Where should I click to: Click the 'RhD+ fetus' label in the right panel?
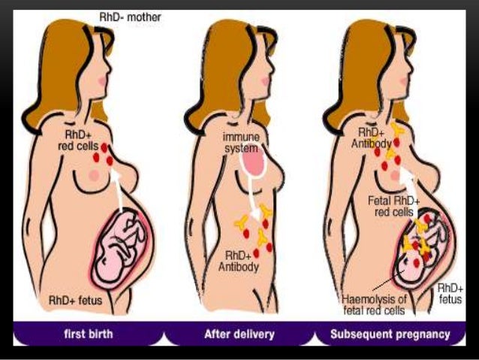pos(450,294)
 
